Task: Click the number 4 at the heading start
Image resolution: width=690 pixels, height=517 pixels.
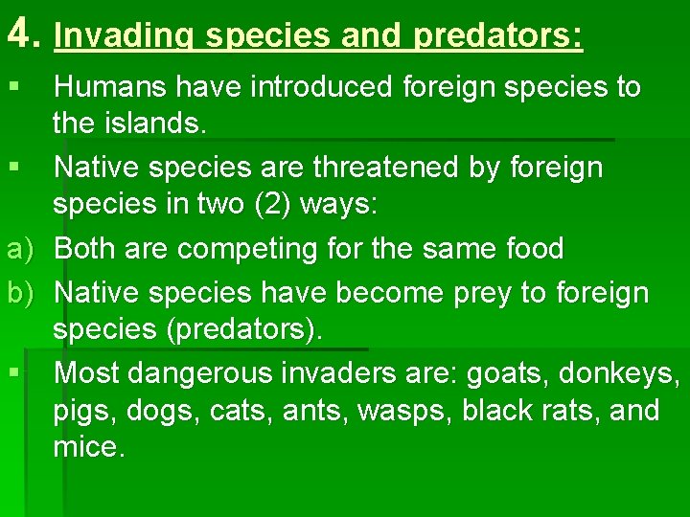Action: tap(19, 34)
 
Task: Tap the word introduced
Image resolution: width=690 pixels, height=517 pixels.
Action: tap(320, 87)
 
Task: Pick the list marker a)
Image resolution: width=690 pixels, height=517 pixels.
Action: tap(20, 249)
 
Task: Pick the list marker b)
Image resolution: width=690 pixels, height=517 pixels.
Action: tap(20, 291)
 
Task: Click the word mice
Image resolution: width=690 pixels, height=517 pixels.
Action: tap(89, 448)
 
